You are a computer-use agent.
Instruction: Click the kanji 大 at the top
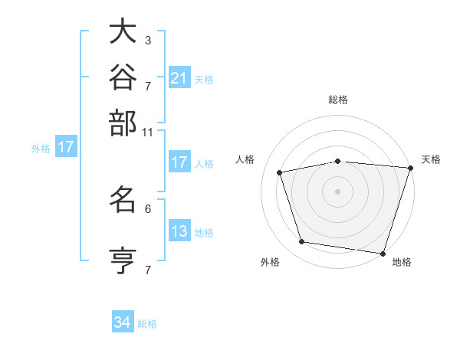(x=123, y=31)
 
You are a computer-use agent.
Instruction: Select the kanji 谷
(x=123, y=77)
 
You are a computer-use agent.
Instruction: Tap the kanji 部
(x=123, y=123)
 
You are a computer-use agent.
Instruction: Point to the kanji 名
(x=123, y=199)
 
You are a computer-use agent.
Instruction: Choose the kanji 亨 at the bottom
(x=123, y=260)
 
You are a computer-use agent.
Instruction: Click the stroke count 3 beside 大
(x=148, y=40)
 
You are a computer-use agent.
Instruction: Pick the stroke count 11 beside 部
(x=147, y=133)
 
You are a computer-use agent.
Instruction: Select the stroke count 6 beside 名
(x=148, y=209)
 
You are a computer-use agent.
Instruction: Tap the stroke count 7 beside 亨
(x=148, y=270)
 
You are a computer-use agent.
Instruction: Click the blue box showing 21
(x=179, y=77)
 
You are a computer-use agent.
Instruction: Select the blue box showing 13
(x=179, y=230)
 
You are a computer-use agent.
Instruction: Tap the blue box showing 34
(x=123, y=321)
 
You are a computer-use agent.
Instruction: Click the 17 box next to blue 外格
(x=66, y=146)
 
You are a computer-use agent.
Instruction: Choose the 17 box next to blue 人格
(x=179, y=162)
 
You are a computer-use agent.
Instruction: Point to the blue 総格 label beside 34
(x=147, y=324)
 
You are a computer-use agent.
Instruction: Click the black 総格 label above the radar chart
(x=338, y=100)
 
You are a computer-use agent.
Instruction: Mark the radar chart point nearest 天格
(x=411, y=168)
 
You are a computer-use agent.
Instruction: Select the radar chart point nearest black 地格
(x=383, y=254)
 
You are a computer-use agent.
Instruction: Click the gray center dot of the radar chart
(x=337, y=191)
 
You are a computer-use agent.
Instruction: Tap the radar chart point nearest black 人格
(x=280, y=172)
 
